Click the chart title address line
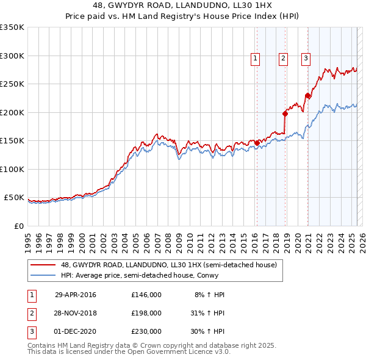pos(182,5)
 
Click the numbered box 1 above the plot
pos(254,59)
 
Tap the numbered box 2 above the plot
pos(284,59)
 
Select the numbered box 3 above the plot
pos(305,59)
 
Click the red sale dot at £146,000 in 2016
pos(257,143)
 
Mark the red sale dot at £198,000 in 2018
pos(285,113)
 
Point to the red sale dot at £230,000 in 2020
pos(307,95)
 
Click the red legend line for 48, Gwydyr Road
pos(43,265)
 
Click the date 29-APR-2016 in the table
pos(76,295)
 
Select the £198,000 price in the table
pos(146,313)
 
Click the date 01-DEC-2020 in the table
pos(76,331)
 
